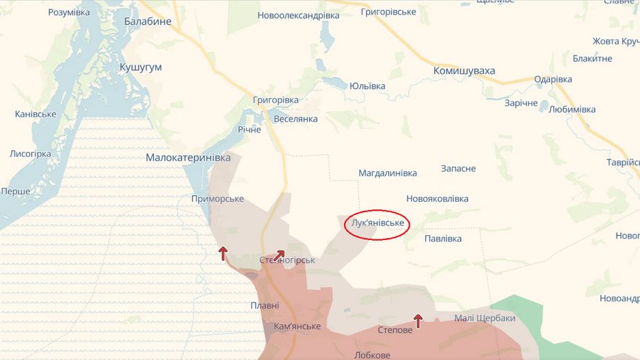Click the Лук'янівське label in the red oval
pos(378,223)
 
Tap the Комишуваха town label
pos(464,71)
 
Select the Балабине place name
pos(148,22)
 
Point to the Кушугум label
pos(140,67)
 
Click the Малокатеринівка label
pos(188,158)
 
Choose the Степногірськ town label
pos(287,261)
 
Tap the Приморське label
pos(217,199)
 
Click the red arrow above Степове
pos(418,320)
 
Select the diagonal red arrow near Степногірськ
pos(279,256)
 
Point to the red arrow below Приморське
pos(223,253)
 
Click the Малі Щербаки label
pos(485,318)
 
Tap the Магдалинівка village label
pos(388,173)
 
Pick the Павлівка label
pos(442,239)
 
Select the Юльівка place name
pos(367,86)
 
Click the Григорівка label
pos(276,100)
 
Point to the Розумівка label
pos(69,12)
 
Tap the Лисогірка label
pos(31,154)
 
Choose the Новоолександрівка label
pos(298,15)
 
